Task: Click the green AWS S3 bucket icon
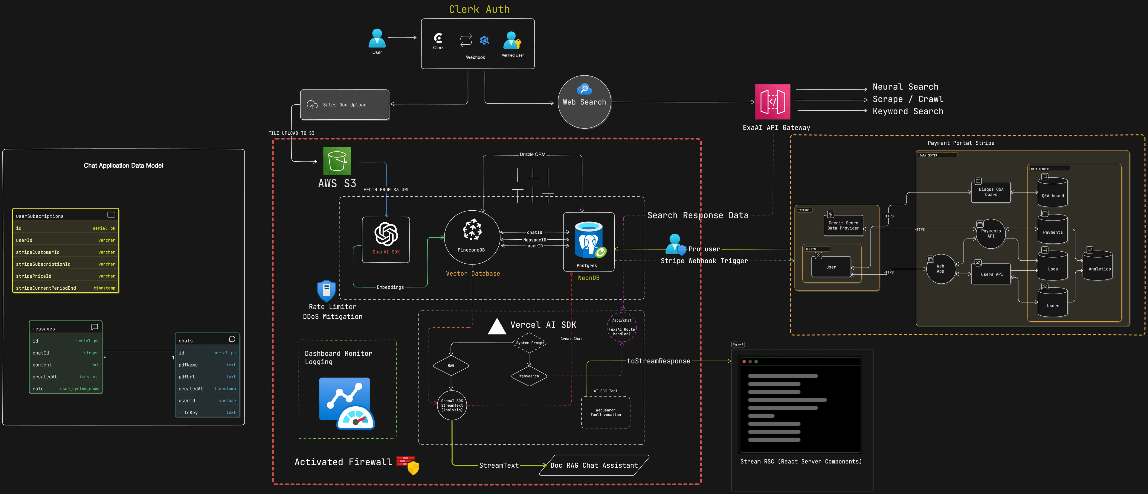337,161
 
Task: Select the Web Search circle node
584,102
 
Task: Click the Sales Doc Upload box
344,105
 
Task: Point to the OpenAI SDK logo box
386,239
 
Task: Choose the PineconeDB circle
472,237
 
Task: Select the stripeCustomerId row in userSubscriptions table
65,252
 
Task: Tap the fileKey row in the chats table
207,412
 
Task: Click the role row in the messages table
65,388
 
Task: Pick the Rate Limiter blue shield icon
326,291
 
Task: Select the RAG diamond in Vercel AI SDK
451,366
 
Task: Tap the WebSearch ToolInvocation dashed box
606,412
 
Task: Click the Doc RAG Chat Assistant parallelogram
594,465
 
